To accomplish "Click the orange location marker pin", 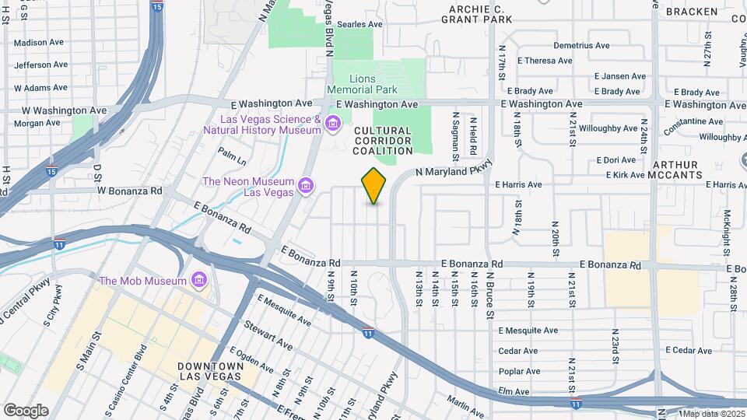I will [374, 186].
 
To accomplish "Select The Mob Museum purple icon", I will [198, 280].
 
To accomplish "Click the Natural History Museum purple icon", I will [333, 124].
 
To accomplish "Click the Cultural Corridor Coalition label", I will [382, 141].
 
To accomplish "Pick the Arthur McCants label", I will [676, 170].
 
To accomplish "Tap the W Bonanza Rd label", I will [129, 190].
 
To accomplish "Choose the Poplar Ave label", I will [519, 371].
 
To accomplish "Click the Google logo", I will [26, 411].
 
